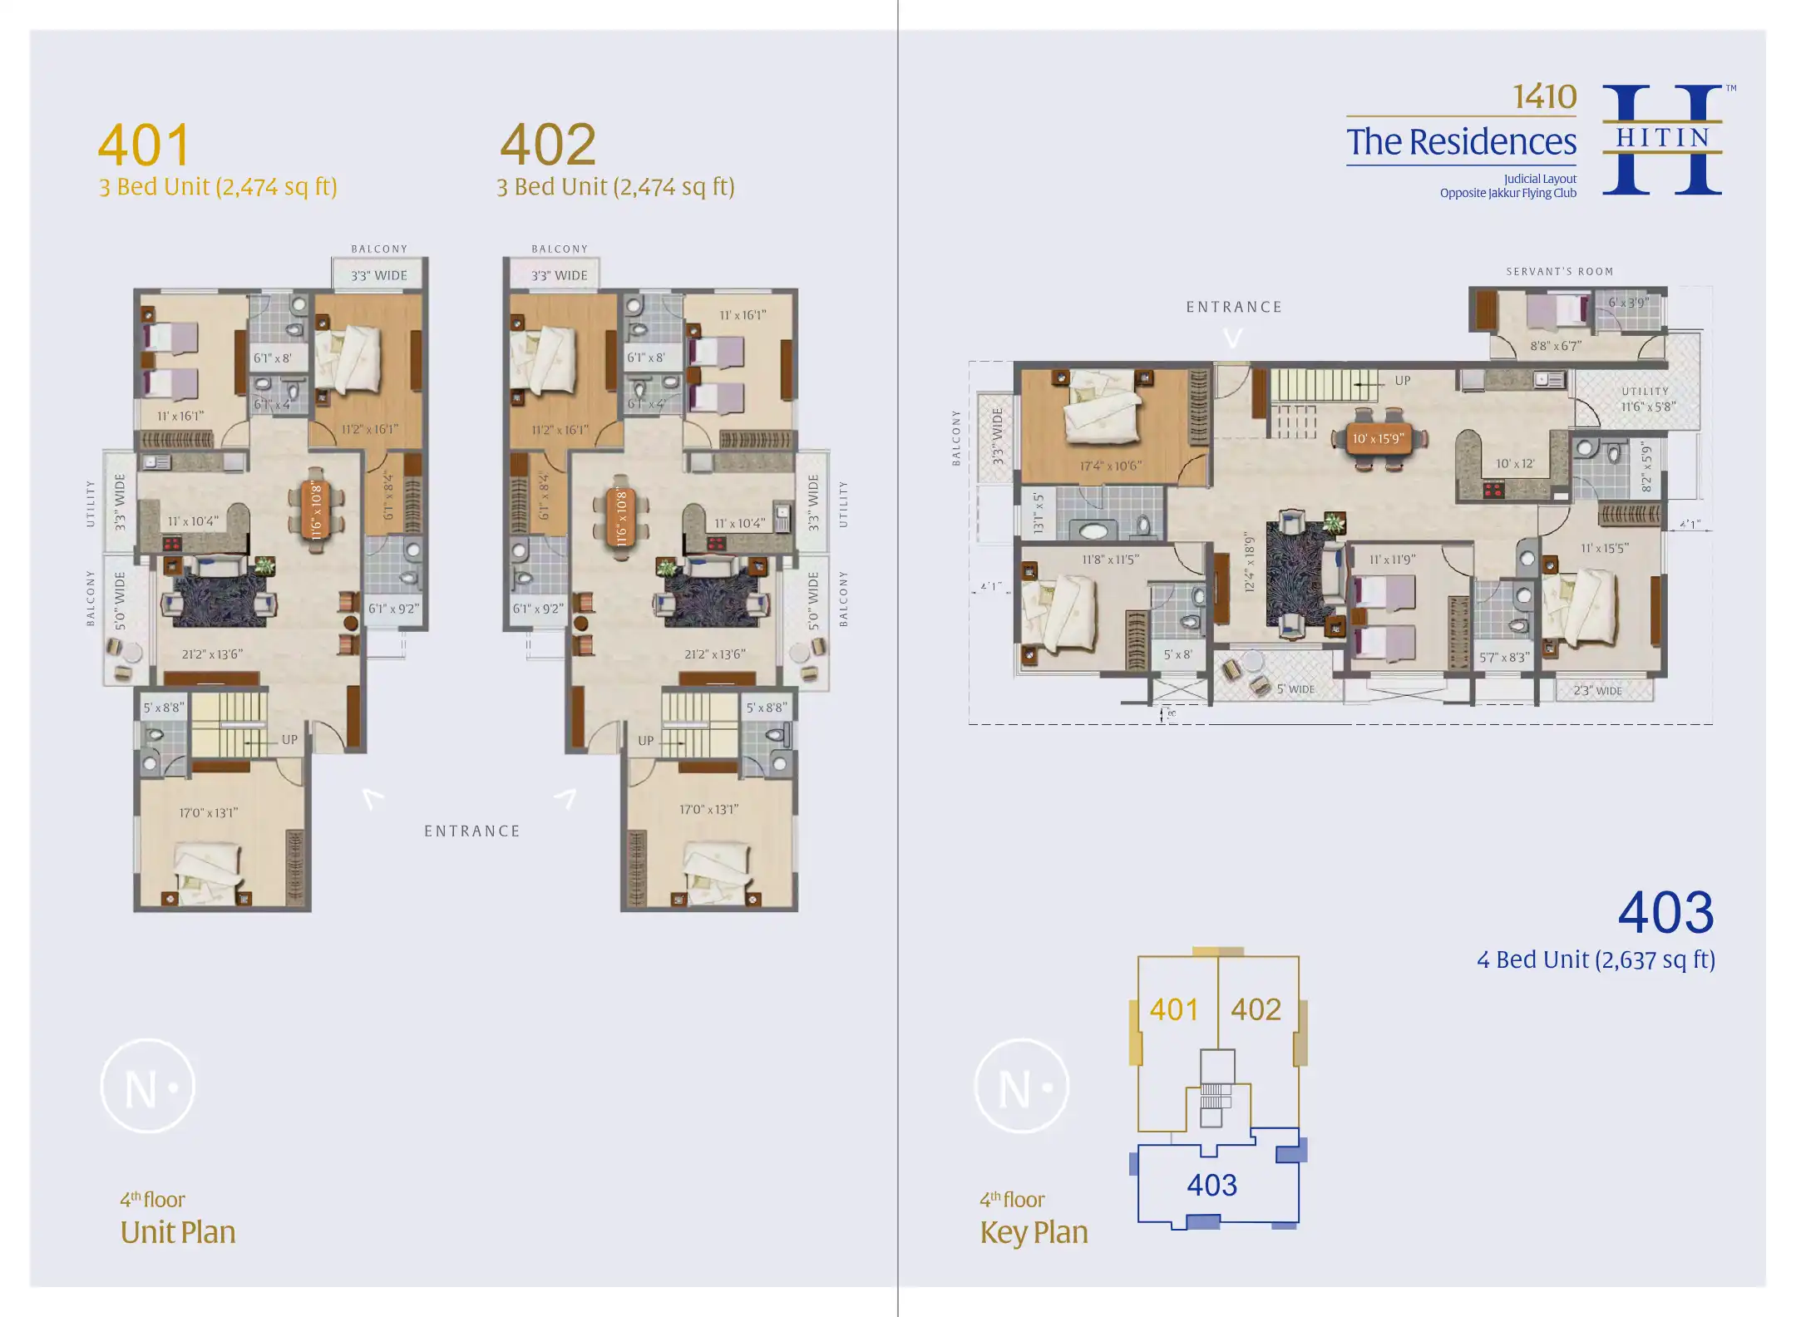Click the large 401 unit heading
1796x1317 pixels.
coord(145,146)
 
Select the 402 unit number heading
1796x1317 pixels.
coord(548,145)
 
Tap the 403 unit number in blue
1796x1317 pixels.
coord(1665,913)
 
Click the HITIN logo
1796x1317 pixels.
coord(1662,139)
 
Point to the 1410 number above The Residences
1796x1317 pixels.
coord(1543,97)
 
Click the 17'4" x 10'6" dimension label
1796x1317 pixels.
coord(1110,466)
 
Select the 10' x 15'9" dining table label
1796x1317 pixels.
coord(1378,438)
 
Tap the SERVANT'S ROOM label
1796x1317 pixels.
coord(1559,272)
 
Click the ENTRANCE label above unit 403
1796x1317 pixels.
coord(1234,307)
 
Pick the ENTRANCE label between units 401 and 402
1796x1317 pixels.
coord(472,831)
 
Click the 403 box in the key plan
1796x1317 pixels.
coord(1211,1185)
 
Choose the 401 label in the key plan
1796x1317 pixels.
coord(1174,1009)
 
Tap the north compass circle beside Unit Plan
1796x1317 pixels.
coord(148,1087)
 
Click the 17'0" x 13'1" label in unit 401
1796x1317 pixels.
coord(209,812)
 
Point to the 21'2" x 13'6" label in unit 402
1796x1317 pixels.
coord(714,654)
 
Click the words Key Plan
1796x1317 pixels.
coord(1034,1232)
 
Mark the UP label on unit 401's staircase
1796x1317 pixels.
coord(289,739)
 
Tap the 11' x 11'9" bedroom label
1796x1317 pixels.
coord(1392,560)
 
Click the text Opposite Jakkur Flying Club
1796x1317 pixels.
coord(1507,193)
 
